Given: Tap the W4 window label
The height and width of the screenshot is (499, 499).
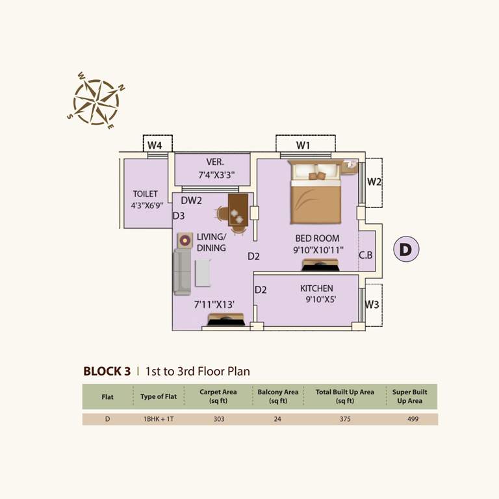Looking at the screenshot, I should pyautogui.click(x=155, y=144).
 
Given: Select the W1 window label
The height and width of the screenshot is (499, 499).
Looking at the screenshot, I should pyautogui.click(x=303, y=144).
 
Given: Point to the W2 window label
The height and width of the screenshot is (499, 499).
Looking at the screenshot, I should pyautogui.click(x=374, y=182).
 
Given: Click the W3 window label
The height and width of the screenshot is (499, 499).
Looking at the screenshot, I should pyautogui.click(x=372, y=303).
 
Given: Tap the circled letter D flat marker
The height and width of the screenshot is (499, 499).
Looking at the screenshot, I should pyautogui.click(x=406, y=249).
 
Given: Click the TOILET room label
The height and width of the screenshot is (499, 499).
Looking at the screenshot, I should pyautogui.click(x=146, y=194).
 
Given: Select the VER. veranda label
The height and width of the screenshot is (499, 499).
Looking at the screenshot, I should pyautogui.click(x=216, y=162).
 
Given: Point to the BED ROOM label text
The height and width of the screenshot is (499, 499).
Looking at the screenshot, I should pyautogui.click(x=317, y=238).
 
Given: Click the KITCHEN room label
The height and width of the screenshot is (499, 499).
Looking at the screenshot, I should pyautogui.click(x=316, y=288).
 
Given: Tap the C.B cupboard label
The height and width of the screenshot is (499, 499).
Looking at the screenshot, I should pyautogui.click(x=366, y=255).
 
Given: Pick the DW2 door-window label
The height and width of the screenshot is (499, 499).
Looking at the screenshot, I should pyautogui.click(x=192, y=201).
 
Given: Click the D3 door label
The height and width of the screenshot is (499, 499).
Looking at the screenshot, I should pyautogui.click(x=179, y=216).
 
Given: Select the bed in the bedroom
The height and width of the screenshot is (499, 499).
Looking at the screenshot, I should pyautogui.click(x=316, y=193).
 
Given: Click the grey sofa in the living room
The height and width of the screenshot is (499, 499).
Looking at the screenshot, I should pyautogui.click(x=182, y=272).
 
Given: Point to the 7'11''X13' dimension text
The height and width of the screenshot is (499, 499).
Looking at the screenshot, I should pyautogui.click(x=214, y=304).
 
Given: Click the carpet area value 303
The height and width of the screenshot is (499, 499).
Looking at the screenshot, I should pyautogui.click(x=218, y=419).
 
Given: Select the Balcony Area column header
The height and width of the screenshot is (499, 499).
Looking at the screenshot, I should pyautogui.click(x=277, y=396).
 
